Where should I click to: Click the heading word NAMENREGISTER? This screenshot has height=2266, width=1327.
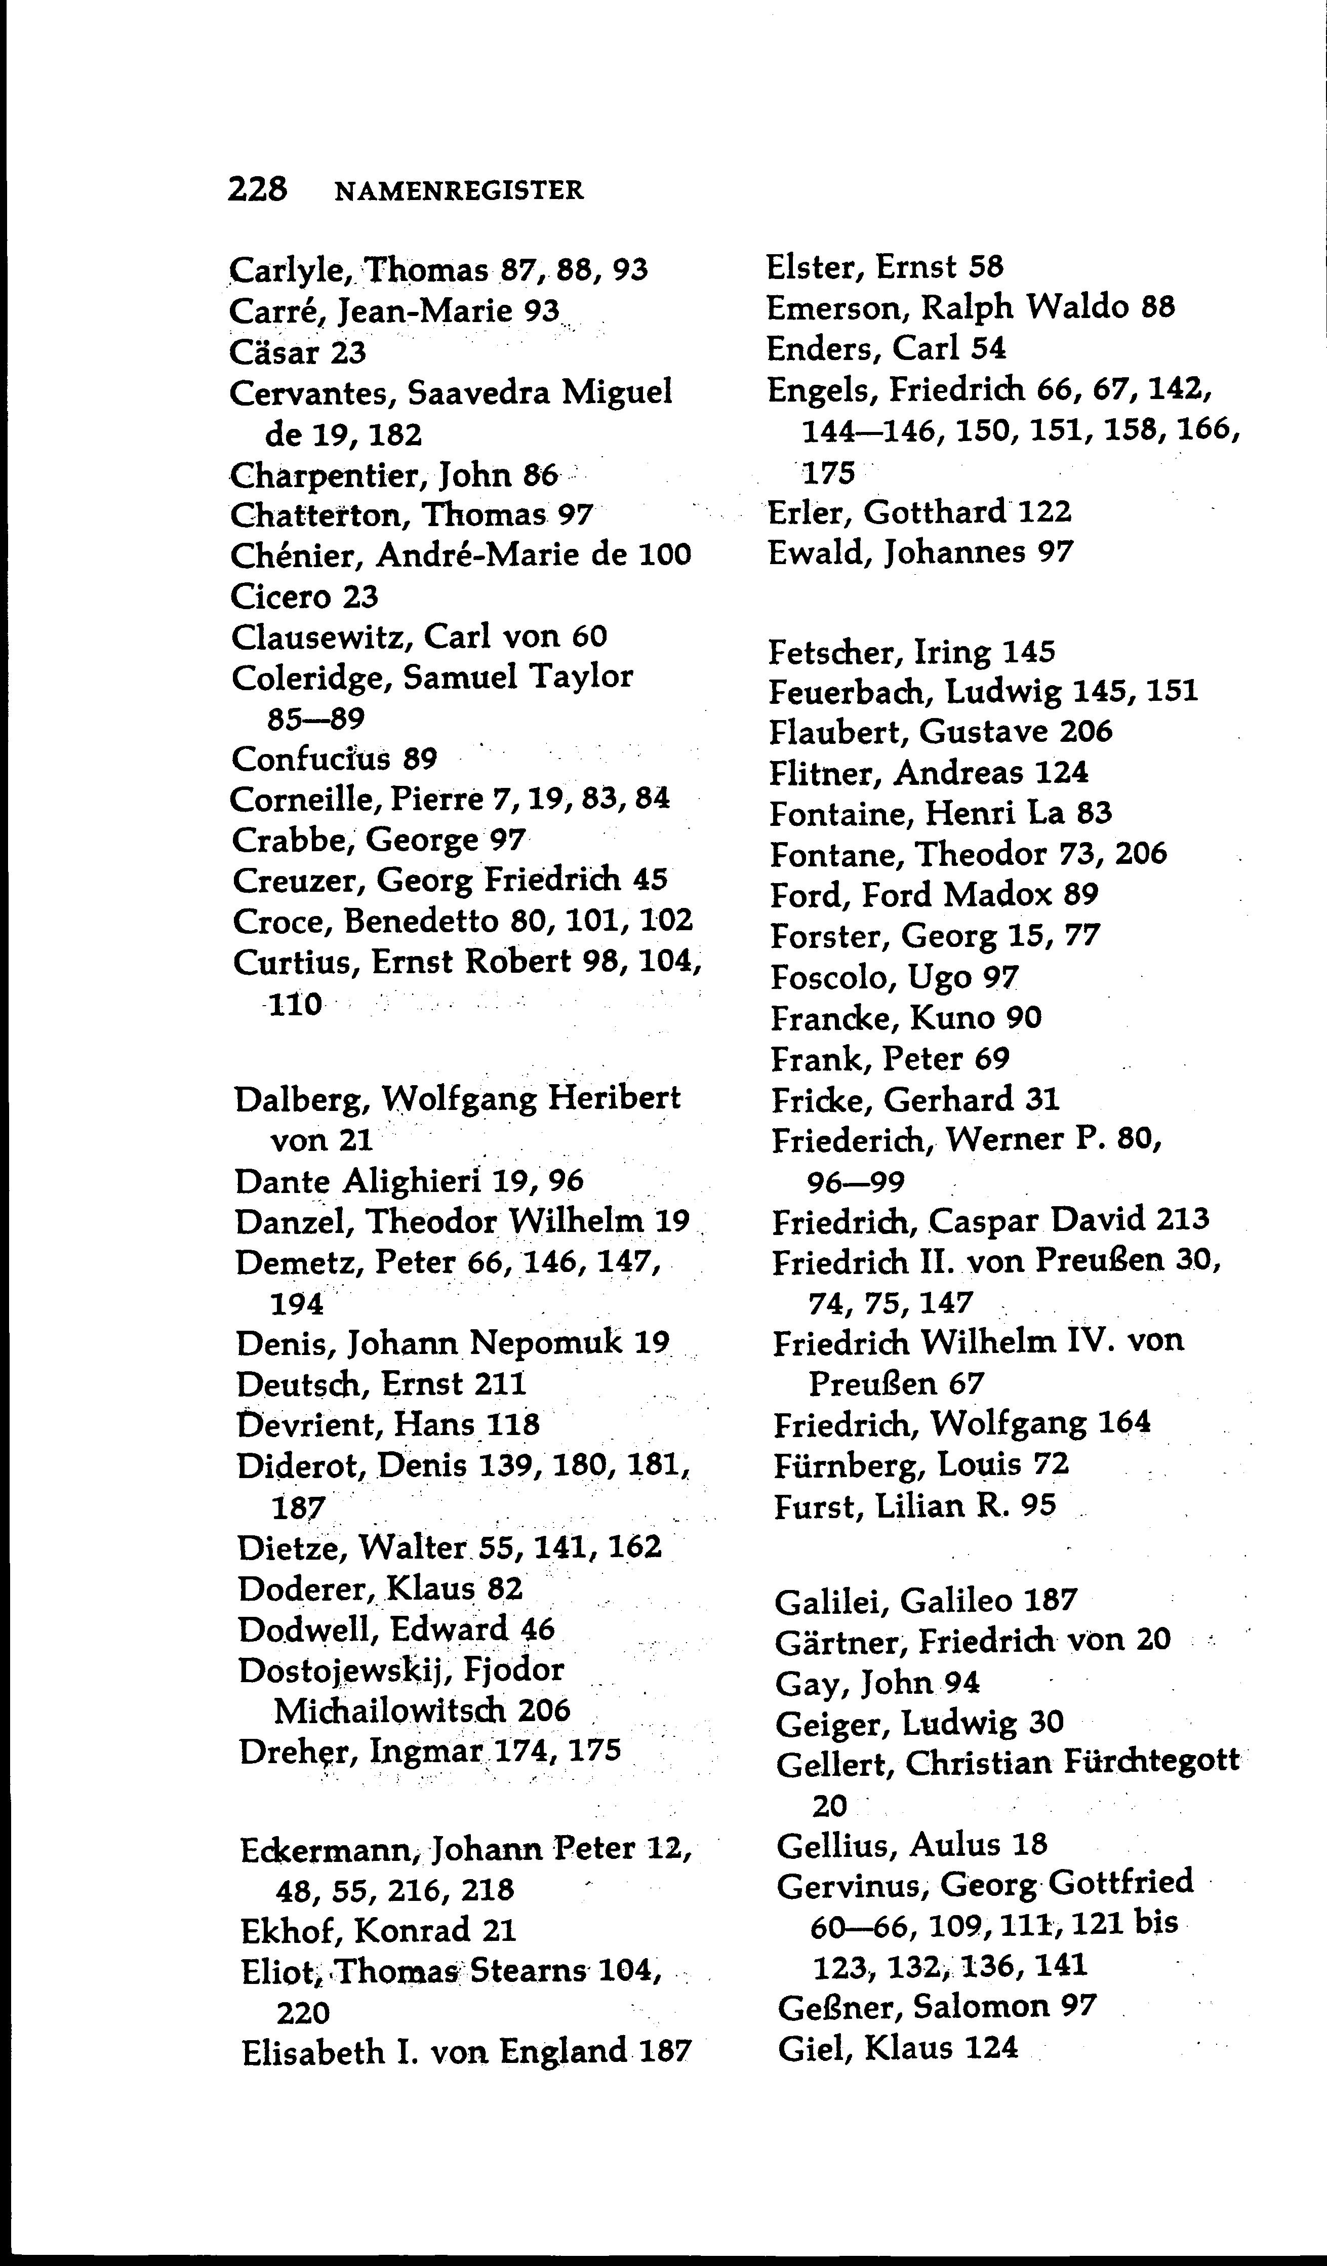tap(459, 190)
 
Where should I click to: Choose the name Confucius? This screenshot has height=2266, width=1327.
tap(311, 759)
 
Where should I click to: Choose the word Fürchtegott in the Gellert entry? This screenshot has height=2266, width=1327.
tap(1151, 1763)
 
